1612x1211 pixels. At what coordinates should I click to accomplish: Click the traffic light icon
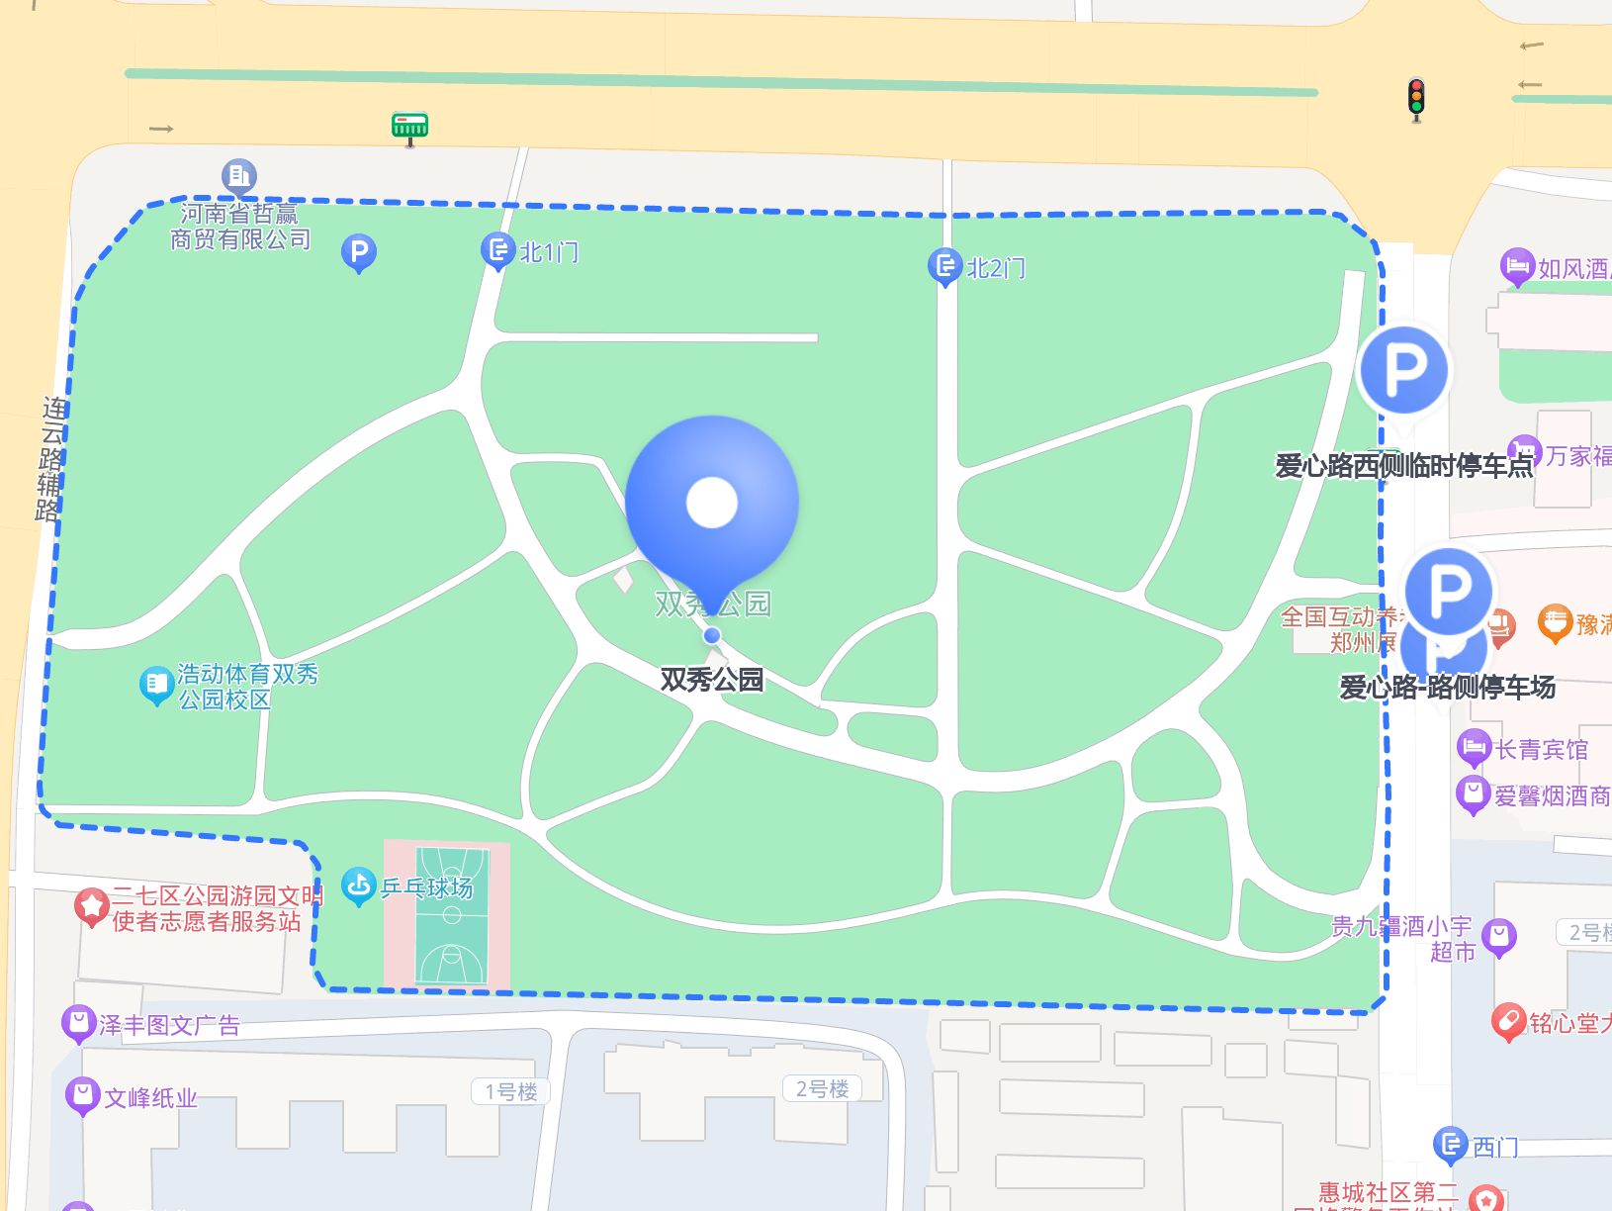click(1416, 99)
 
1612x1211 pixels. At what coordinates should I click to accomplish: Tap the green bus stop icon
click(409, 127)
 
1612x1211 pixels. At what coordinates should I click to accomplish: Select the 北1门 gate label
click(549, 252)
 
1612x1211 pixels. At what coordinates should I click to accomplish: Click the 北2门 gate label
click(995, 268)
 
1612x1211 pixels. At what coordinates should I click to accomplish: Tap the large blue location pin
click(712, 505)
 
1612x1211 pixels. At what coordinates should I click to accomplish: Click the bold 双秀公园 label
click(712, 680)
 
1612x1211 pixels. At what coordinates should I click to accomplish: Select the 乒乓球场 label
click(427, 887)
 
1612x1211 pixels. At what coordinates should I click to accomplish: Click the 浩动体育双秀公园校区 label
click(247, 687)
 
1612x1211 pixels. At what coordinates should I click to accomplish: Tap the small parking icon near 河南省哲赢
click(358, 252)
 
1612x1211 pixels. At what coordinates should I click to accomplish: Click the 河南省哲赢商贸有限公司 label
click(240, 227)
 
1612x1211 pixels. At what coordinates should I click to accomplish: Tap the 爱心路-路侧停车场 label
click(1447, 687)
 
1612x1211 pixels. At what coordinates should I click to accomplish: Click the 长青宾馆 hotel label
click(1540, 749)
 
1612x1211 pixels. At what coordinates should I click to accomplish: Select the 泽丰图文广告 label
click(169, 1025)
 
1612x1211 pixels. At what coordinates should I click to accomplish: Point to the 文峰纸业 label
click(150, 1097)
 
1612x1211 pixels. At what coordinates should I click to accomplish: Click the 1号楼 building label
click(510, 1091)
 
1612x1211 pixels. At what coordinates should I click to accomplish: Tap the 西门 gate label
click(1494, 1147)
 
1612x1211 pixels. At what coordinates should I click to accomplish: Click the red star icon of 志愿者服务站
click(92, 905)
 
